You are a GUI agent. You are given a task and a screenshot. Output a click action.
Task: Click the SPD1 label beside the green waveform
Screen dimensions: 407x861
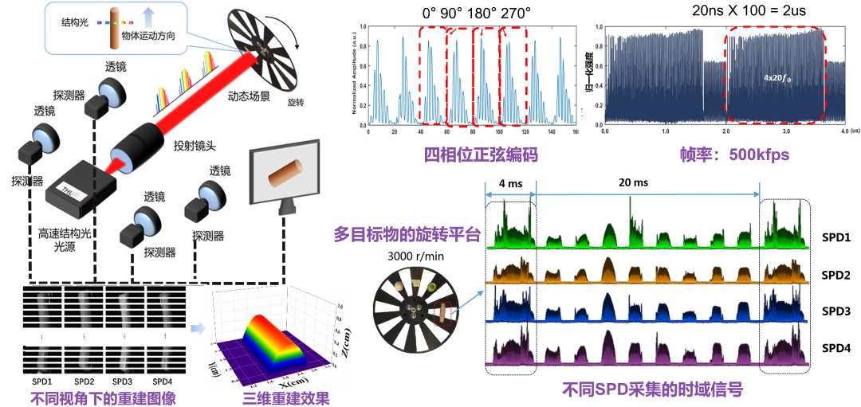point(835,237)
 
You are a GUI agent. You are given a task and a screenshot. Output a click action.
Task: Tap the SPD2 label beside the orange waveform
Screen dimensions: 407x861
point(835,275)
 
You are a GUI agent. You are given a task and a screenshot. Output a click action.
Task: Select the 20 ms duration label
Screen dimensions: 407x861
point(631,182)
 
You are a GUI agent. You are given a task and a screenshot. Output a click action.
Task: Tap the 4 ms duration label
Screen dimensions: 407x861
point(509,182)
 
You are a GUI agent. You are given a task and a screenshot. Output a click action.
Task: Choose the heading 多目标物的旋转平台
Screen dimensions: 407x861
point(407,234)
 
